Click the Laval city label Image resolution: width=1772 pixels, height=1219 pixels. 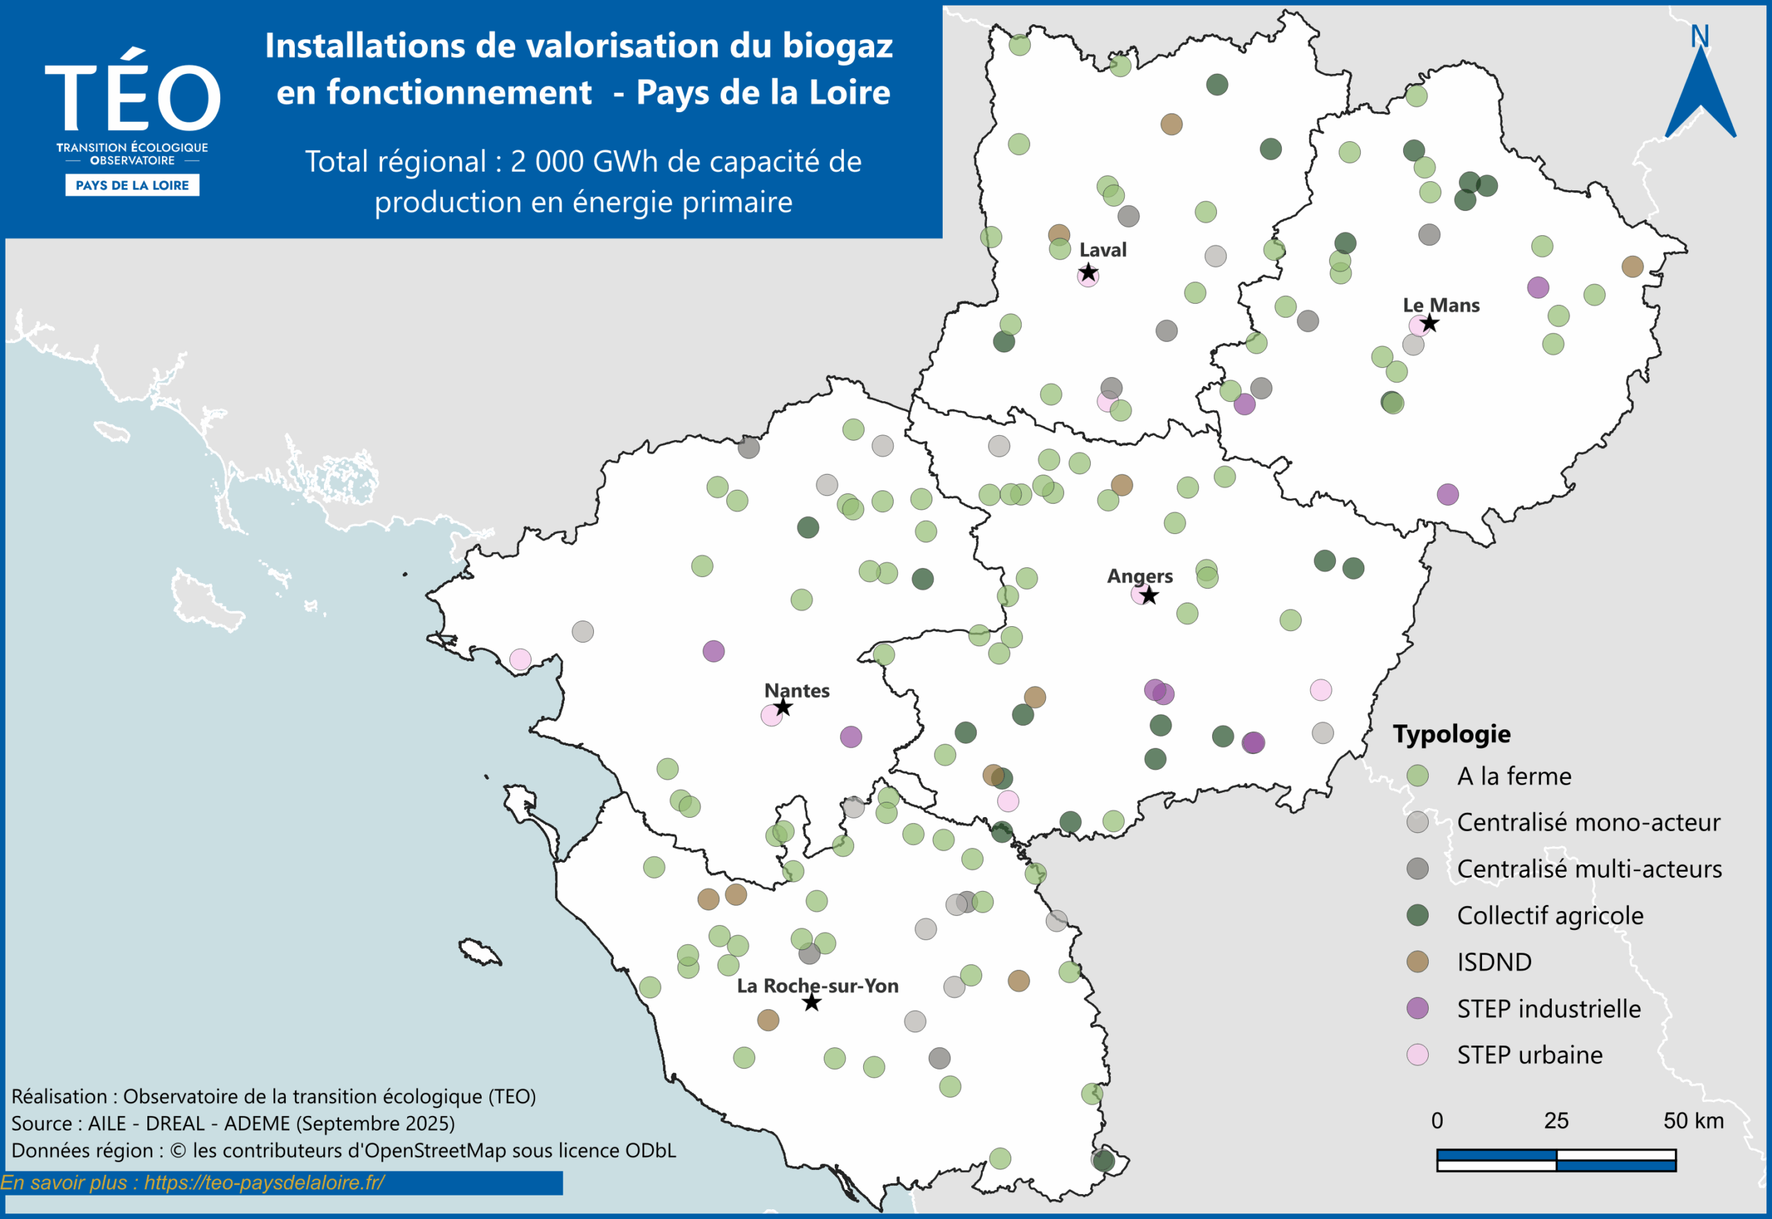coord(1103,250)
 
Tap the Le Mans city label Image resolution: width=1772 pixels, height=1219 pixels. coord(1440,306)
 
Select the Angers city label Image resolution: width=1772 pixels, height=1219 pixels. coord(1139,576)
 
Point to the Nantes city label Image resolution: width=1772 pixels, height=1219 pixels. coord(796,690)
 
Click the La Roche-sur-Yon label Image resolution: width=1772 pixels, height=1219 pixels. coord(817,986)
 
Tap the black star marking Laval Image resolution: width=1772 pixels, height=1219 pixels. coord(1088,273)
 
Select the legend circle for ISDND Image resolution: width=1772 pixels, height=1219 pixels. coord(1418,962)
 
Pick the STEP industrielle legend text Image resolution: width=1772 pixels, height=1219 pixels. coord(1548,1009)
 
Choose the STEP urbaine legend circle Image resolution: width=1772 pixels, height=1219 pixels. coord(1418,1055)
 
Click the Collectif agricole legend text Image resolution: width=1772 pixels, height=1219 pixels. coord(1550,916)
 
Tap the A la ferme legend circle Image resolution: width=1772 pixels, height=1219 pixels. coord(1418,776)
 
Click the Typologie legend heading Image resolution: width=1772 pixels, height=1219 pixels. coord(1451,734)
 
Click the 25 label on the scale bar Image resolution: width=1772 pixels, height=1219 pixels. coord(1556,1121)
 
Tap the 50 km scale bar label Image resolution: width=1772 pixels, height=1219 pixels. coord(1693,1121)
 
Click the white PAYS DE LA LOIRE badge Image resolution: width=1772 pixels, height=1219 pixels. coord(132,185)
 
